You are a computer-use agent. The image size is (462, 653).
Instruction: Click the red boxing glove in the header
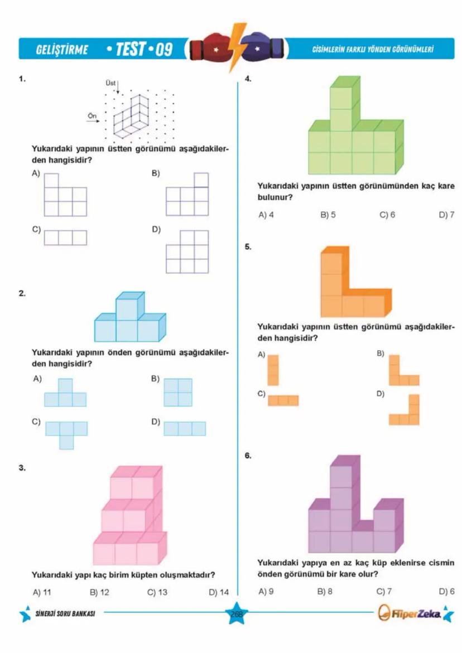[x=210, y=48]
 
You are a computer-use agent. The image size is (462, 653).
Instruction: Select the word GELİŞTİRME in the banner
[x=61, y=50]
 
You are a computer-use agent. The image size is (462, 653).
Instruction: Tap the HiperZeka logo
[x=409, y=614]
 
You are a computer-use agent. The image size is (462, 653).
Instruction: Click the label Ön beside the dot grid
[x=92, y=114]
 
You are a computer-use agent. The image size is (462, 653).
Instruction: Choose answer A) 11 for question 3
[x=42, y=592]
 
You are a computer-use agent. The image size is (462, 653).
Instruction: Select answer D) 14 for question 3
[x=219, y=592]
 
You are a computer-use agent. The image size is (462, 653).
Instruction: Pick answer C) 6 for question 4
[x=387, y=214]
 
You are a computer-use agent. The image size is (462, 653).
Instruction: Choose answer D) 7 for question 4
[x=446, y=214]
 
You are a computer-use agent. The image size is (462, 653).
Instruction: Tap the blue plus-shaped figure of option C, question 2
[x=66, y=432]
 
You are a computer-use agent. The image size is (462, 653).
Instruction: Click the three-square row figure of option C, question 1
[x=65, y=238]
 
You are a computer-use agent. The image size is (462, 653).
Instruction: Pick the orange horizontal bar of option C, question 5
[x=283, y=400]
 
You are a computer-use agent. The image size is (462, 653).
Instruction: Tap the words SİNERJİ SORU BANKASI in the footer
[x=65, y=613]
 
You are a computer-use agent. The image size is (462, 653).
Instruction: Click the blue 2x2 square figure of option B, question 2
[x=178, y=392]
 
